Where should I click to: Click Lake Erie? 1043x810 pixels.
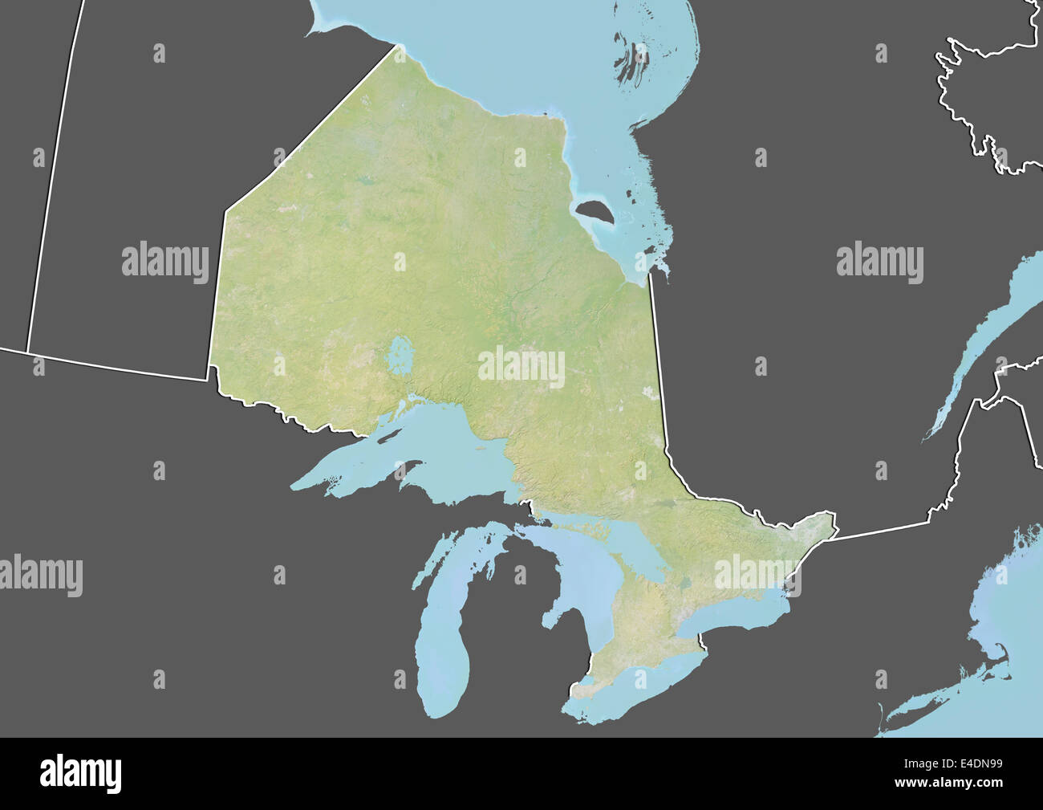pyautogui.click(x=634, y=690)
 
